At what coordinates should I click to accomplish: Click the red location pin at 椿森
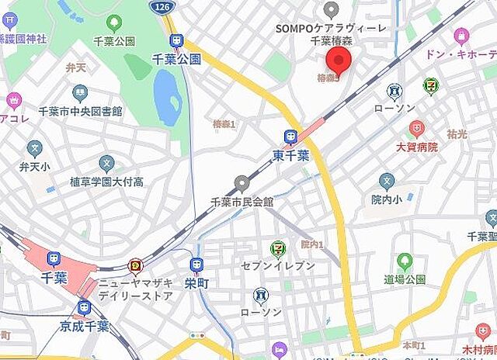click(338, 60)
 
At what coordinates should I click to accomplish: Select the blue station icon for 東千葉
click(290, 137)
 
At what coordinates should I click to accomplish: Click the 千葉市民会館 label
click(242, 201)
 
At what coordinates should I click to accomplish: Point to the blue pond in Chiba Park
click(167, 95)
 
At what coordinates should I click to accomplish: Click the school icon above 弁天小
click(34, 148)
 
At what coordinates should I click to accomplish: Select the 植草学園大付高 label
click(106, 182)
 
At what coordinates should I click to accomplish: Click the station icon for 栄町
click(196, 265)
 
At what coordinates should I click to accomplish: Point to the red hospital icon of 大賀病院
click(417, 129)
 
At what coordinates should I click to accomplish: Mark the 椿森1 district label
click(224, 123)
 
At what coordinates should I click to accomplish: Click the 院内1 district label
click(311, 244)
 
